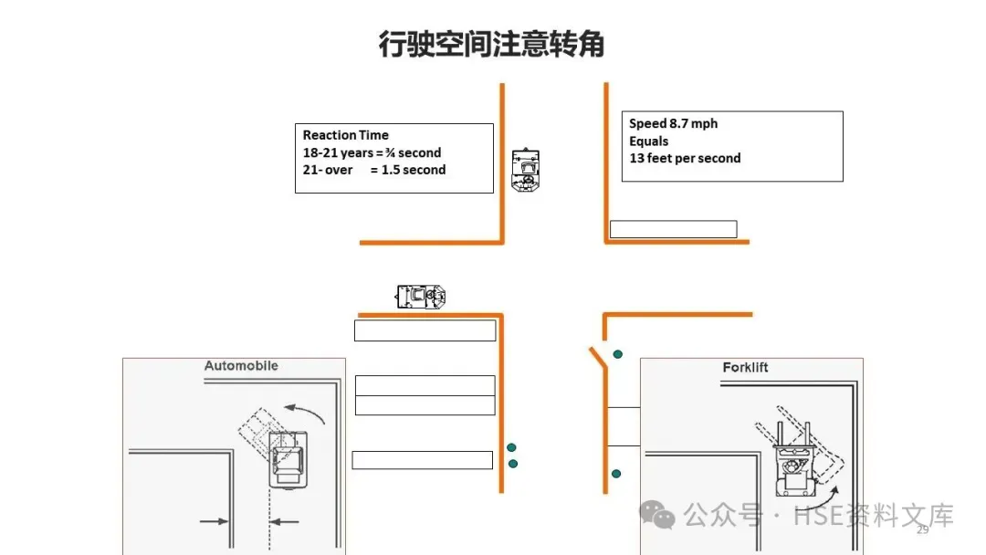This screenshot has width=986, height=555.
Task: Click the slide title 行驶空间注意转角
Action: pos(492,44)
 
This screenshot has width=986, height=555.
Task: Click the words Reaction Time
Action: pos(346,135)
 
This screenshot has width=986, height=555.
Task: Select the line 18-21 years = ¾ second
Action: pos(372,152)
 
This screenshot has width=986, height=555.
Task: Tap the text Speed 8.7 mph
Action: pos(674,124)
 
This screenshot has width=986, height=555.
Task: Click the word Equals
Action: pos(648,141)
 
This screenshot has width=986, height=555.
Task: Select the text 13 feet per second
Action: pos(685,159)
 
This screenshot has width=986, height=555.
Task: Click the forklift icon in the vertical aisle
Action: pos(525,170)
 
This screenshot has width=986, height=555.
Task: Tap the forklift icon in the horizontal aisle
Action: pos(421,296)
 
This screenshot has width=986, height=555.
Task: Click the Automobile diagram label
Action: pos(241,366)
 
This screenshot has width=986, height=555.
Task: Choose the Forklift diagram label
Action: pos(745,368)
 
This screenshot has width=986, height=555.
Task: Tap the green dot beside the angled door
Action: pos(618,353)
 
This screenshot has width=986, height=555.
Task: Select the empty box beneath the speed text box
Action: pos(673,229)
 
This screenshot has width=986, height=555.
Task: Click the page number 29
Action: pos(922,530)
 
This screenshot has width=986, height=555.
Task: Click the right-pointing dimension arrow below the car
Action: pos(215,521)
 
